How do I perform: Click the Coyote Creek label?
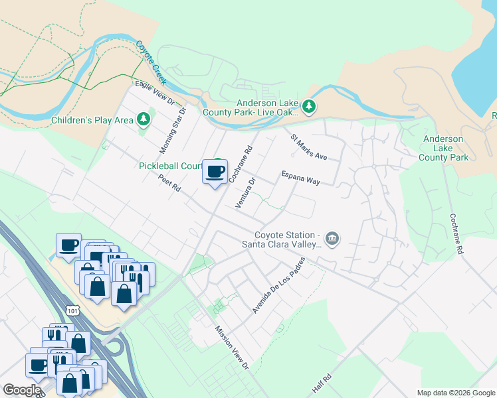coord(151,62)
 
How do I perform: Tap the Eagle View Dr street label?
coord(154,94)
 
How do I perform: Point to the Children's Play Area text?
coord(92,121)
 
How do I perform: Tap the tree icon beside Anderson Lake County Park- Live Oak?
coord(308,106)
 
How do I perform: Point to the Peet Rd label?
coord(169,183)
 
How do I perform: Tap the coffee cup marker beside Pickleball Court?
coord(215,172)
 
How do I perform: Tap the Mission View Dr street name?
coord(231,348)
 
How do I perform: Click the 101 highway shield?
coord(72,310)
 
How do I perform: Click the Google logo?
coord(21,390)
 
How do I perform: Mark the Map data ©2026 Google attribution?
coord(455,393)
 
